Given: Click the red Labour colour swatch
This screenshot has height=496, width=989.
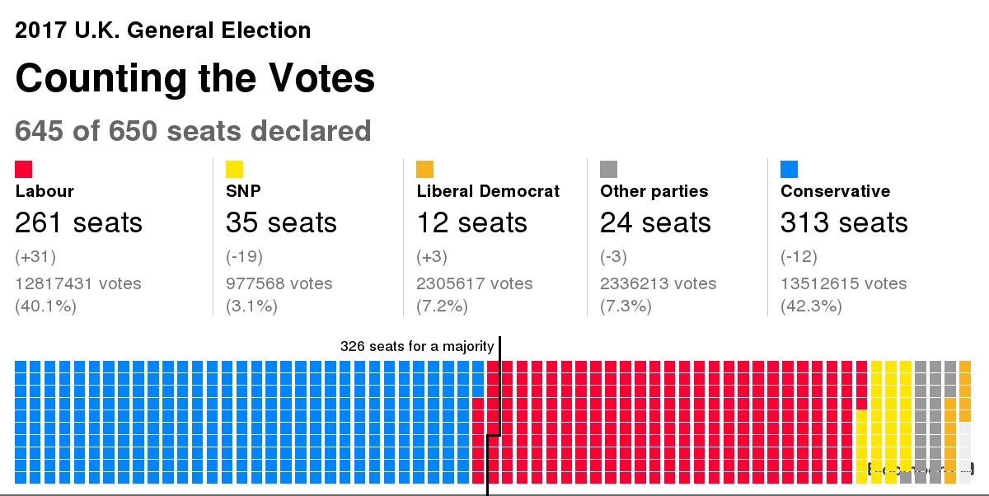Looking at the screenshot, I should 23,169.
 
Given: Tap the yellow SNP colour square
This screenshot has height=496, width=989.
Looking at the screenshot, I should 234,169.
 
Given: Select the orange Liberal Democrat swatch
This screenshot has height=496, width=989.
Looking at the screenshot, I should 425,169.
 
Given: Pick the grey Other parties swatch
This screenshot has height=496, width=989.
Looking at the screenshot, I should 608,169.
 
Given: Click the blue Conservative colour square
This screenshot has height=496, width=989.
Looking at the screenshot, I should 789,169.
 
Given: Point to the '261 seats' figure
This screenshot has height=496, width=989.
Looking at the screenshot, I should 78,222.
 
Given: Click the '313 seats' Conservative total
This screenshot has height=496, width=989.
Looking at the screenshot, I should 844,222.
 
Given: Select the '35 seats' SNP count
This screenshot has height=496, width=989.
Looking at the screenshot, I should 281,222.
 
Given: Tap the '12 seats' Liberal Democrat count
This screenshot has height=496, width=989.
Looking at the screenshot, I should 472,222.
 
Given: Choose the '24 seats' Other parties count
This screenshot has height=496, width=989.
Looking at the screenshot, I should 655,222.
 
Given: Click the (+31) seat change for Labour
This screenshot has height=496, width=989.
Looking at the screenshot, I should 35,257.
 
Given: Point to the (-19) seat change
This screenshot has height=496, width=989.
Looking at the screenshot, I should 244,257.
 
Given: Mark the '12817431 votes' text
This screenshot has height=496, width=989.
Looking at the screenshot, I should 78,283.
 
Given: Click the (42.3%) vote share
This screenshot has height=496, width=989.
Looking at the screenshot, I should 811,306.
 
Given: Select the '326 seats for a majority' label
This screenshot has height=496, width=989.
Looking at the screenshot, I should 417,346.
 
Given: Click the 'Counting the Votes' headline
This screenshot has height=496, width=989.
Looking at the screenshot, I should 195,79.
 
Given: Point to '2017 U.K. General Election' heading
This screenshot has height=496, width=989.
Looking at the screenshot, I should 163,31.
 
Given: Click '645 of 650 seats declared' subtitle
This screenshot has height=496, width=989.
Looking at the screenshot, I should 193,131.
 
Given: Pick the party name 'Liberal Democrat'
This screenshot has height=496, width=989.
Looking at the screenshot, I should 488,191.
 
